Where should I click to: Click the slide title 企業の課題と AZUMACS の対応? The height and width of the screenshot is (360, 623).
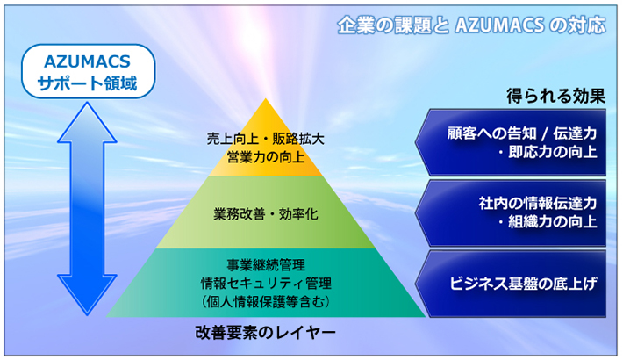(x=471, y=25)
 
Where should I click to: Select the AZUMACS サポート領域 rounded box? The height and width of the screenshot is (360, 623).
(x=88, y=71)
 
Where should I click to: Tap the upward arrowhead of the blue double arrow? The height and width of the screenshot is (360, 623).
(x=87, y=122)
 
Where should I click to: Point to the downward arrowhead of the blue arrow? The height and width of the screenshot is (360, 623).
(x=87, y=295)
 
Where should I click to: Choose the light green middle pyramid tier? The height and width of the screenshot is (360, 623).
(x=265, y=212)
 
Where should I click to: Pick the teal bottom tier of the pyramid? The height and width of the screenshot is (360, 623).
(x=265, y=283)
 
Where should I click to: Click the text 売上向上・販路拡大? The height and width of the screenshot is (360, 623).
(x=265, y=139)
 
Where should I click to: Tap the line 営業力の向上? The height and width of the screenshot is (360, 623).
(x=265, y=157)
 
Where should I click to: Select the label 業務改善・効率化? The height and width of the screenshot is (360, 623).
(x=265, y=214)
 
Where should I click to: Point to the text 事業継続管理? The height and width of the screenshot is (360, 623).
(x=266, y=265)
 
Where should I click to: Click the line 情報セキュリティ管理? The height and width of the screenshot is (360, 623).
(x=266, y=284)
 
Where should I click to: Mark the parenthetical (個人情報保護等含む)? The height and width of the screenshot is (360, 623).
(x=266, y=301)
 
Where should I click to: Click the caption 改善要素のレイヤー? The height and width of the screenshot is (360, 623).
(x=265, y=332)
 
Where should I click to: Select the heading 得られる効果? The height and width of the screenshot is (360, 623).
(x=555, y=96)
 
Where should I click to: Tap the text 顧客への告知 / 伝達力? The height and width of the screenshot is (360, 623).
(x=522, y=133)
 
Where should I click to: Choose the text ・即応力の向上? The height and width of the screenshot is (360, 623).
(x=548, y=152)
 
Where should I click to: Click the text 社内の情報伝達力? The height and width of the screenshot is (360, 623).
(x=538, y=204)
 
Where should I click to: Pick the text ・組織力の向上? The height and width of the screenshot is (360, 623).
(x=548, y=221)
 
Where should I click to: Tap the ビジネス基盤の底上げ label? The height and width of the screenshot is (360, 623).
(x=523, y=284)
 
